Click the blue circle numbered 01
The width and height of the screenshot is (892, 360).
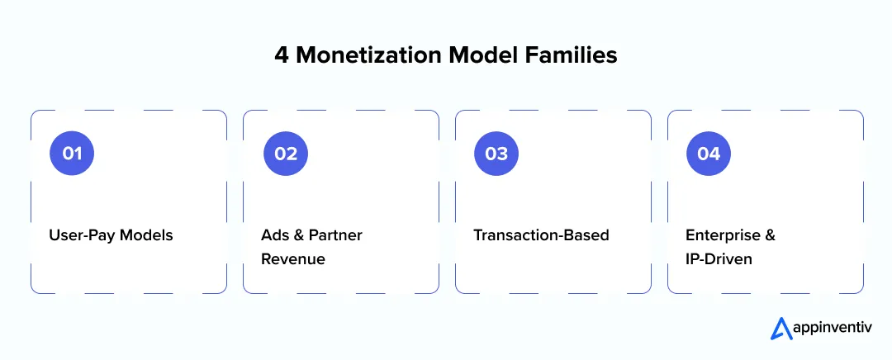click(72, 154)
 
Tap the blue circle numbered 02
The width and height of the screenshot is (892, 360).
click(286, 154)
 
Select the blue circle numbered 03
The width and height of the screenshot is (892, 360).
click(496, 154)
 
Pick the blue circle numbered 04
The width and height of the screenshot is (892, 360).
click(709, 154)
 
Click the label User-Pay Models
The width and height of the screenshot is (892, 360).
click(111, 235)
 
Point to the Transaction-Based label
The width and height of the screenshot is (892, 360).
click(541, 235)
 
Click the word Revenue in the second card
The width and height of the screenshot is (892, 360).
click(293, 259)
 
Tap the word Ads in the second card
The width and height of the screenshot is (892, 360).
click(273, 235)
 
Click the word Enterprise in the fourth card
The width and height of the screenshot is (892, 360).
click(721, 235)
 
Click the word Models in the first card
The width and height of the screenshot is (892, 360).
click(147, 235)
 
